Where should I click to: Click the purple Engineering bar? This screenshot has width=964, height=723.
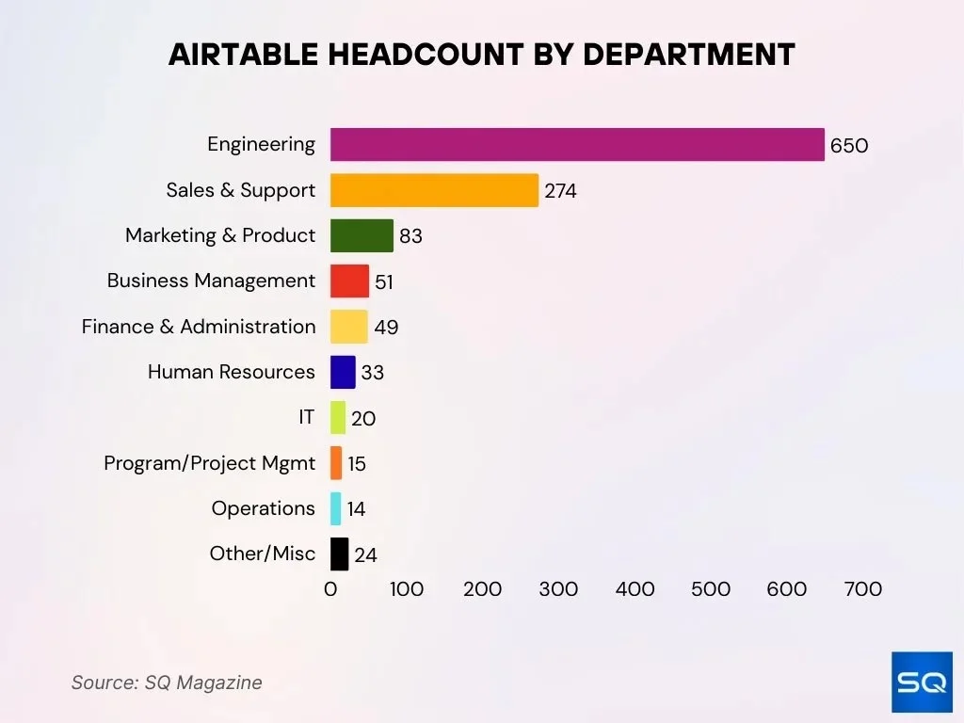click(x=576, y=145)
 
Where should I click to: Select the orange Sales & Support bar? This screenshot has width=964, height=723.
click(x=434, y=190)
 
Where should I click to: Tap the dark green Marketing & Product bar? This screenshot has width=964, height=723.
click(x=361, y=235)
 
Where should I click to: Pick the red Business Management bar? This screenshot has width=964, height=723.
click(x=349, y=281)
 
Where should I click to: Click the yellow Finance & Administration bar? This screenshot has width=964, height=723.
click(x=348, y=327)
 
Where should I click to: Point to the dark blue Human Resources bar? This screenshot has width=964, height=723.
click(x=343, y=372)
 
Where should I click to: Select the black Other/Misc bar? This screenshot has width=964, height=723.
click(x=339, y=554)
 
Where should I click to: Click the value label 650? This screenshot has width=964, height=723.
click(x=848, y=146)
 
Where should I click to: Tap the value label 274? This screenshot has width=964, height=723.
click(x=560, y=191)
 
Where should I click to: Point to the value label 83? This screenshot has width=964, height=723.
click(x=410, y=236)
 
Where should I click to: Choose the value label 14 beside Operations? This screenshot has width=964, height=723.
click(x=356, y=509)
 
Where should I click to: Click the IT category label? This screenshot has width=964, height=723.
click(x=307, y=417)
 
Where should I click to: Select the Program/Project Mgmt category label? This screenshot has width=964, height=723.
click(x=210, y=463)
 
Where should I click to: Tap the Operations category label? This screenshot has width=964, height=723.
click(x=263, y=508)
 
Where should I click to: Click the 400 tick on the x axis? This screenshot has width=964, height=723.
click(x=635, y=589)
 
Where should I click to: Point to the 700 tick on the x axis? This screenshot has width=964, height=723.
click(x=863, y=589)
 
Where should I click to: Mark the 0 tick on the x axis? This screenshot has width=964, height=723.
click(x=330, y=589)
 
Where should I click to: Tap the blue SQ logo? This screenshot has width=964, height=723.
click(x=922, y=682)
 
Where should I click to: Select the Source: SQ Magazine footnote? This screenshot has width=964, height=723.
click(x=167, y=683)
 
